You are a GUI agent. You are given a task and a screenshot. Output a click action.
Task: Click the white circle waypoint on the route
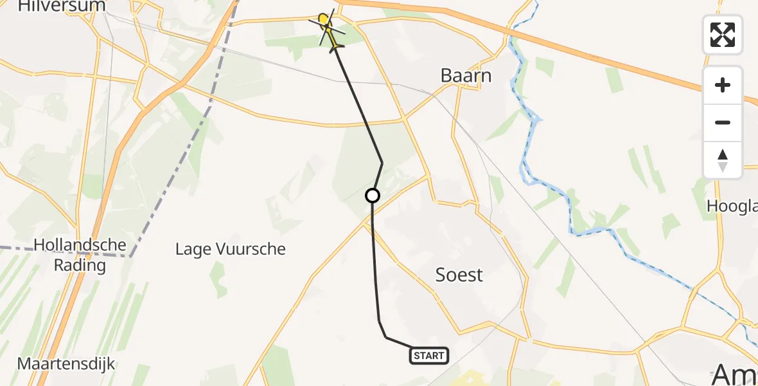[373, 196]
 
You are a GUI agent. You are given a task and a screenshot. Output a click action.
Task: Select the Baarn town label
[466, 76]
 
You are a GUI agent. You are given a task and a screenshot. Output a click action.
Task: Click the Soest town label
[459, 275]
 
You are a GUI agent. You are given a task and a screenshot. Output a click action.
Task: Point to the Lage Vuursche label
[231, 249]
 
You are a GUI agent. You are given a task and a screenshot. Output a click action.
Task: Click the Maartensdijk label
[66, 364]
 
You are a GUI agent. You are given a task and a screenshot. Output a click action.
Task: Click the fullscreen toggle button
[723, 34]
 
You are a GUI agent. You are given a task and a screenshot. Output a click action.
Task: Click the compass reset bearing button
[723, 160]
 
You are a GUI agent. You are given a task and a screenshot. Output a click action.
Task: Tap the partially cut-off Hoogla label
[732, 206]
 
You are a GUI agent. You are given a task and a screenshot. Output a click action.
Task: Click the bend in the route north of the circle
[383, 163]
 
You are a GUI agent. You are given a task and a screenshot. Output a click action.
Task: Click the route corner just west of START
[385, 336]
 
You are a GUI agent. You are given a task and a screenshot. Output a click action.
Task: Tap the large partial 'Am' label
[736, 373]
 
